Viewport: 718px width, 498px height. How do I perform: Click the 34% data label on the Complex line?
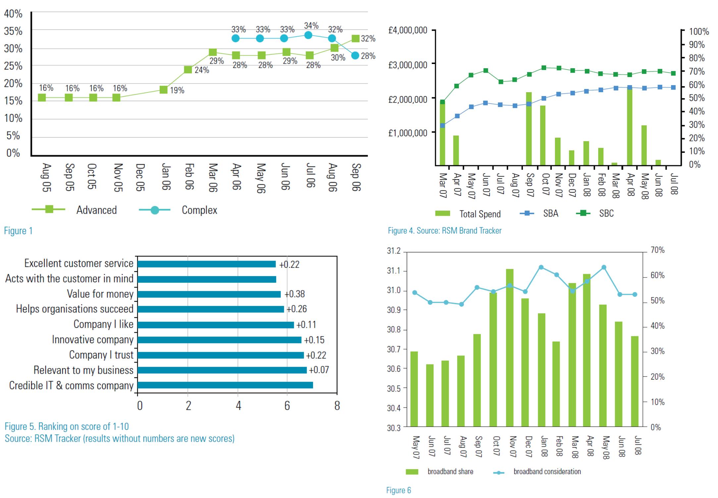[x=311, y=26]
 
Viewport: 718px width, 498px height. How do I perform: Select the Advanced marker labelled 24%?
[x=188, y=70]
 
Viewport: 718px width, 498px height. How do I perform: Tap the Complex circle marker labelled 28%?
[x=355, y=55]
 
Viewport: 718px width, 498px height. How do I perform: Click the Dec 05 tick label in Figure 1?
[x=140, y=177]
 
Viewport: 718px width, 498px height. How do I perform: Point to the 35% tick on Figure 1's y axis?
[x=13, y=31]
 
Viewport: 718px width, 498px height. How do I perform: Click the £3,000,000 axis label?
[x=408, y=65]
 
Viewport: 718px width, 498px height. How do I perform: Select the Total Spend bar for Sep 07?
[x=529, y=129]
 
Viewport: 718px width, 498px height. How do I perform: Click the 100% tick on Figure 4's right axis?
[x=699, y=32]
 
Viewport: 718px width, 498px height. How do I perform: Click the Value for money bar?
[x=209, y=294]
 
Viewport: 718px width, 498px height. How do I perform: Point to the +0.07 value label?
[x=319, y=370]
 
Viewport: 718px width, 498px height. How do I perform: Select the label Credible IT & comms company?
[x=71, y=386]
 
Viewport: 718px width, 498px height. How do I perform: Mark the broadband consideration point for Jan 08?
[x=541, y=267]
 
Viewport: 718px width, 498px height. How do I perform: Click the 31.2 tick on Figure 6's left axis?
[x=394, y=251]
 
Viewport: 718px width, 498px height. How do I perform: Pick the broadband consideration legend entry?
[x=547, y=471]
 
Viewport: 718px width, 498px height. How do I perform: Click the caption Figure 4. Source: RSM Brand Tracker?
[x=444, y=231]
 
